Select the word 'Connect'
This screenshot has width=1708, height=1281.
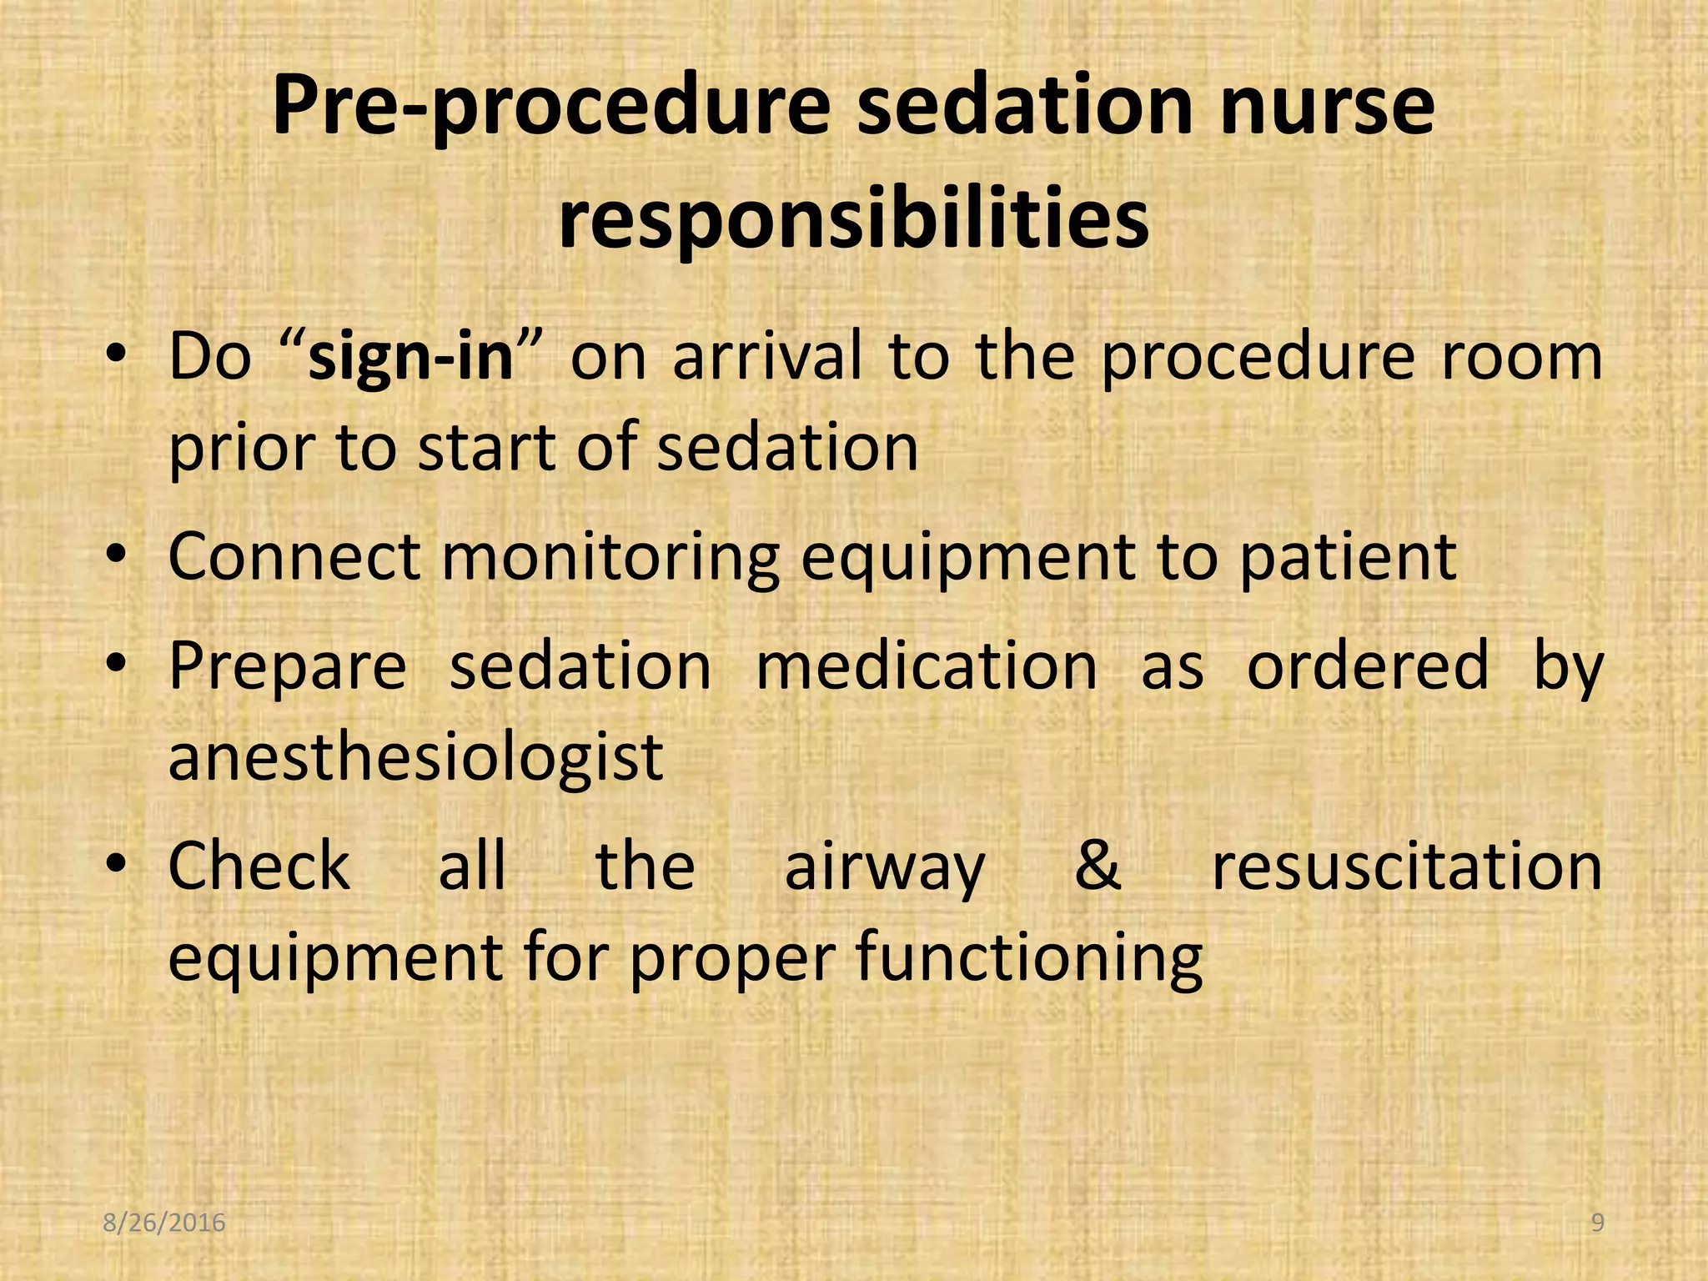[294, 557]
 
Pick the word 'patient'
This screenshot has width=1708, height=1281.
[1348, 557]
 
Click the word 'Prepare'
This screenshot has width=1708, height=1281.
[287, 667]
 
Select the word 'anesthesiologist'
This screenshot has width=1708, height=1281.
[415, 757]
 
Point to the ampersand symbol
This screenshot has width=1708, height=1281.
[1098, 866]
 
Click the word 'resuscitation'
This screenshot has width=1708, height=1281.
[1407, 866]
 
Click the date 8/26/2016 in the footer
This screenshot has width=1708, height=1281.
[164, 1223]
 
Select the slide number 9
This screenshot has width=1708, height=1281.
[1597, 1223]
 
